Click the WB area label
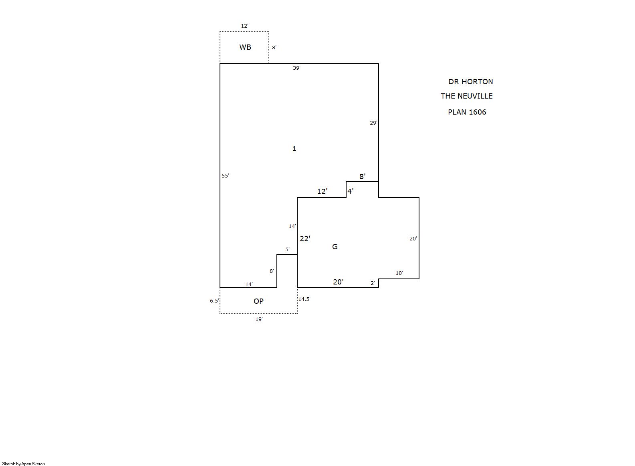pyautogui.click(x=245, y=47)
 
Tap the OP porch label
pyautogui.click(x=258, y=301)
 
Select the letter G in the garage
pyautogui.click(x=335, y=246)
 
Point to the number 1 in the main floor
pyautogui.click(x=294, y=149)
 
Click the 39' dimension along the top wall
pyautogui.click(x=296, y=68)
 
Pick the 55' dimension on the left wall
pyautogui.click(x=226, y=176)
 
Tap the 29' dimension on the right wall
pyautogui.click(x=374, y=123)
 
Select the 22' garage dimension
pyautogui.click(x=305, y=239)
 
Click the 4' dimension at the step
pyautogui.click(x=351, y=192)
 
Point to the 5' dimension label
pyautogui.click(x=287, y=250)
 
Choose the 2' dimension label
pyautogui.click(x=373, y=283)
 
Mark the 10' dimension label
pyautogui.click(x=399, y=273)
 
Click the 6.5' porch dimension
pyautogui.click(x=214, y=301)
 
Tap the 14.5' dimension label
pyautogui.click(x=304, y=299)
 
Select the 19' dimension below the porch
pyautogui.click(x=259, y=319)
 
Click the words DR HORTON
pyautogui.click(x=471, y=82)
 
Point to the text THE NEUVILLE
pyautogui.click(x=467, y=96)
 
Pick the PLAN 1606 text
pyautogui.click(x=467, y=112)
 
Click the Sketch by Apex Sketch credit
pyautogui.click(x=24, y=464)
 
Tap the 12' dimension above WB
pyautogui.click(x=245, y=26)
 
